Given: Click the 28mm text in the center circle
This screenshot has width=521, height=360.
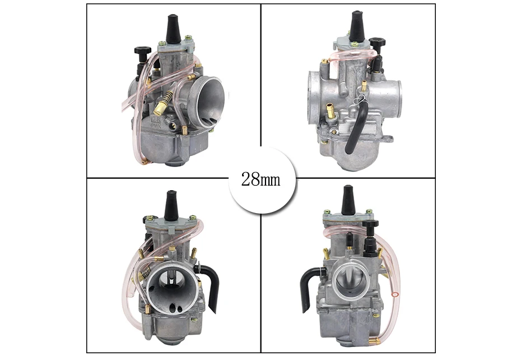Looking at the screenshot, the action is [260, 179].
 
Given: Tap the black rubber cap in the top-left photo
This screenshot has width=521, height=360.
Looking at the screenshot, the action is [174, 29].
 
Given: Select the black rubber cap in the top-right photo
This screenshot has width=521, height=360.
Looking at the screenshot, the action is [359, 26].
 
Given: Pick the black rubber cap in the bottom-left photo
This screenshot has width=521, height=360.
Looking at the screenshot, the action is [172, 205].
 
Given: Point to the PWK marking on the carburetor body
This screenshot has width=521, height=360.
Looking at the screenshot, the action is [156, 126].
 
